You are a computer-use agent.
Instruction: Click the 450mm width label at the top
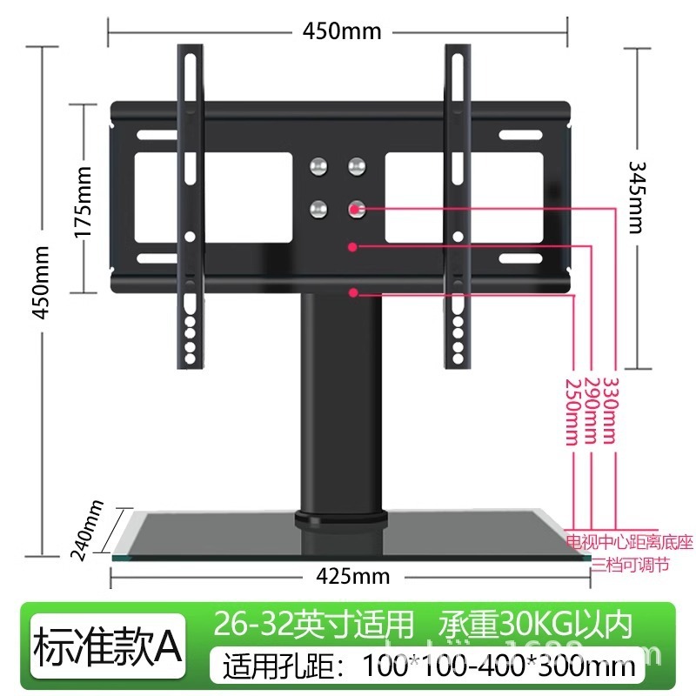pyautogui.click(x=342, y=30)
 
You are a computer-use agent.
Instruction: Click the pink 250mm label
pyautogui.click(x=572, y=411)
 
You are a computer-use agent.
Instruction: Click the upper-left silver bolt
pyautogui.click(x=320, y=164)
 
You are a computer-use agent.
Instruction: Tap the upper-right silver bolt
pyautogui.click(x=356, y=164)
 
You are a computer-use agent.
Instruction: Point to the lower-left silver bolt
pyautogui.click(x=320, y=208)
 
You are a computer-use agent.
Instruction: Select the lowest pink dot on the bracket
pyautogui.click(x=353, y=293)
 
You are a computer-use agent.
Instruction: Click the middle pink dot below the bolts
pyautogui.click(x=353, y=247)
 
